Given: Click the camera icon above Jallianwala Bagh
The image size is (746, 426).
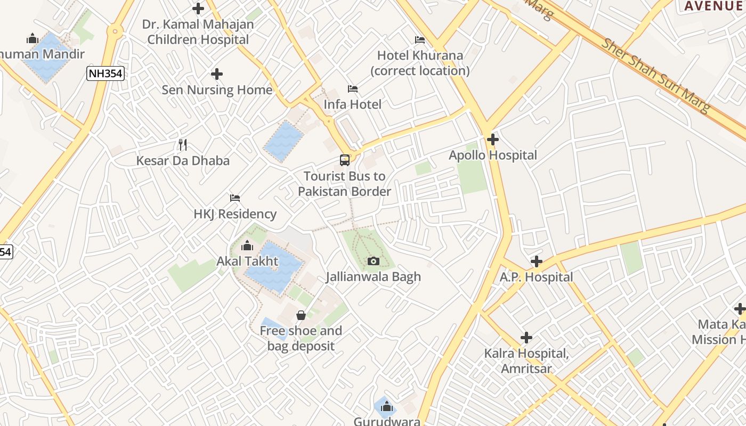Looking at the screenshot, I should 374,261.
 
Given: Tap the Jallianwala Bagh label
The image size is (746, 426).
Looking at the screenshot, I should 374,277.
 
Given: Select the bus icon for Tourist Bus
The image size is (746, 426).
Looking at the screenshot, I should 345,160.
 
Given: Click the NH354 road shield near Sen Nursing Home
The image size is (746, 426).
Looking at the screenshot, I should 106,73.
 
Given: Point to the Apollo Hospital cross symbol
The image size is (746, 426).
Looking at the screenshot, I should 493,140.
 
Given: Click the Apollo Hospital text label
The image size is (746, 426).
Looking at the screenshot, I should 493,155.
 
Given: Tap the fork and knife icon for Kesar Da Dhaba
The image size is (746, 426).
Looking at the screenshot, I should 183,144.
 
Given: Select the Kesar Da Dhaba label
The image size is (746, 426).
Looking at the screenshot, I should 183,161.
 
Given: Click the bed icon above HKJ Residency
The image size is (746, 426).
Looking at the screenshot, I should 235,198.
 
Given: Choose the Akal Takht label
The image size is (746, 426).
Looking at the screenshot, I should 247,261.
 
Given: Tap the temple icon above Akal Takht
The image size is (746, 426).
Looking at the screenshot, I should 247,245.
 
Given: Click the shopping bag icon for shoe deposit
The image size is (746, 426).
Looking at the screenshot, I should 301,315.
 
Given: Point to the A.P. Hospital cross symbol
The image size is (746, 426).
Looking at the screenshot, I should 537,261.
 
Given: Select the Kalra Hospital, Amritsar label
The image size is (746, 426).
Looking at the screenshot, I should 526,361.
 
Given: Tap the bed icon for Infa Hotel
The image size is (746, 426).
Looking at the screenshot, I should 353,88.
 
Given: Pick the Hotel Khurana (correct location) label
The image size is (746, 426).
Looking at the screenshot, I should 420,63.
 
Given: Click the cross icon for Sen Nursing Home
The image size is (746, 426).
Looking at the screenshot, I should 217,74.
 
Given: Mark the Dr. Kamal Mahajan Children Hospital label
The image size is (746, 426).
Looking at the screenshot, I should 198,32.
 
